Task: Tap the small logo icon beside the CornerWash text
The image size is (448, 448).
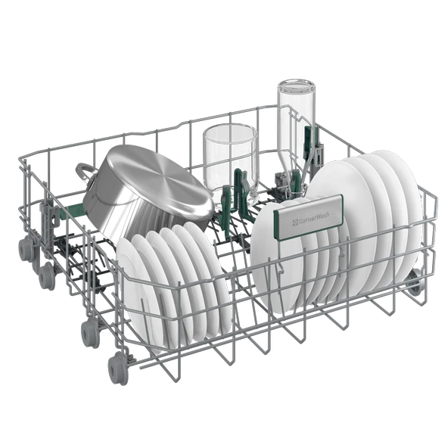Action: (x=295, y=222)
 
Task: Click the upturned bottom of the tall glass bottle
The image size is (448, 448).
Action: (x=296, y=86)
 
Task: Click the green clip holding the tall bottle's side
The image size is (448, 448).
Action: (x=308, y=140)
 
